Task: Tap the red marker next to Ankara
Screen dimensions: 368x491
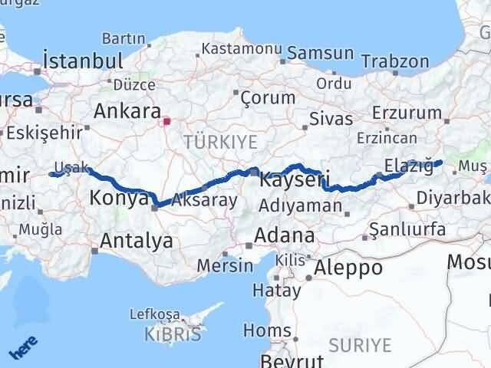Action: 166,120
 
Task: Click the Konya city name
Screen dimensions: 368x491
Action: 119,199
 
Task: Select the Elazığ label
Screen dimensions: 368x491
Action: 406,166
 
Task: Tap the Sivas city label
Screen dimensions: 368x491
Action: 331,119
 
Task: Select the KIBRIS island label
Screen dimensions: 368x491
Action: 174,333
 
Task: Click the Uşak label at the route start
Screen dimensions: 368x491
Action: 73,168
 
